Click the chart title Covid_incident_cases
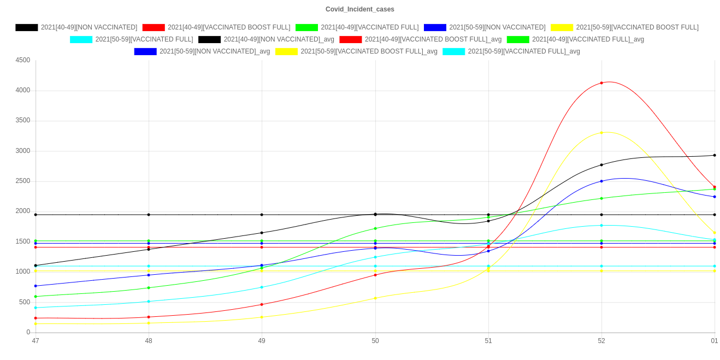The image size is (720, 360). coord(359,9)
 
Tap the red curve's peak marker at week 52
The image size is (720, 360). coord(601,83)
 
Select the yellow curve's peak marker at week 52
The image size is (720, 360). coord(601,133)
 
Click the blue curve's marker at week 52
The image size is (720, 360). coord(601,181)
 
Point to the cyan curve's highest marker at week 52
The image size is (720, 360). coord(601,226)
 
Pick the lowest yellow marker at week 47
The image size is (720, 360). coord(36,324)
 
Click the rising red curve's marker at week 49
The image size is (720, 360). coord(262,304)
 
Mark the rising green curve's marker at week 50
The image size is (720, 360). coord(375,228)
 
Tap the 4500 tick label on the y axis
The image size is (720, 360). coord(22,60)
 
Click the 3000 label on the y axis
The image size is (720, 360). coord(22,151)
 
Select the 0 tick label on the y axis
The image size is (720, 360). coord(28,332)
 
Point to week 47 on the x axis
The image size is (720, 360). coord(36,341)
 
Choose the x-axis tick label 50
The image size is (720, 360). coord(375,341)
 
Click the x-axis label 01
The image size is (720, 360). coord(714,341)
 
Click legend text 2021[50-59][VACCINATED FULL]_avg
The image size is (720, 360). coord(523,51)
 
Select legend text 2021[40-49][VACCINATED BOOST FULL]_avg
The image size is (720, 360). coord(433,39)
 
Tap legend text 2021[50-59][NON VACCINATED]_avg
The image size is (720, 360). coord(214,51)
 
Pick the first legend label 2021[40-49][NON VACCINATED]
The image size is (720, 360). coord(89,27)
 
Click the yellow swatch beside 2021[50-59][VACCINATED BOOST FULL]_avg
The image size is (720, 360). coord(286,51)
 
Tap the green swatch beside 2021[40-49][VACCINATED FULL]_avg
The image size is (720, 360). coord(518,39)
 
